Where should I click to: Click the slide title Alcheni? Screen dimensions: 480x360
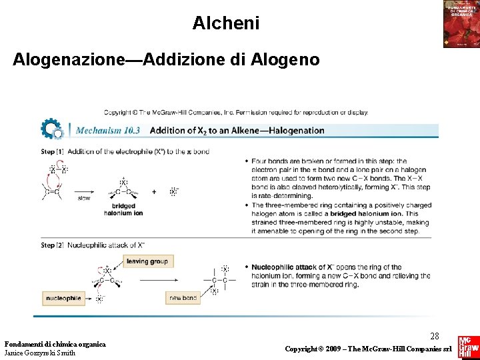(226, 23)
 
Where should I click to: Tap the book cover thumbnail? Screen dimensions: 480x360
(461, 24)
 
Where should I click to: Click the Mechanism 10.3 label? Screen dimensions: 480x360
(108, 131)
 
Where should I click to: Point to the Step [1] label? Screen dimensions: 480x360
(52, 152)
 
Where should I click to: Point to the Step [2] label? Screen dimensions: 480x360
(52, 245)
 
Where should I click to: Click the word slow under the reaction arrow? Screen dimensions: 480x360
(84, 198)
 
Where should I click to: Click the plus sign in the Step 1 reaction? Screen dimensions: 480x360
(154, 192)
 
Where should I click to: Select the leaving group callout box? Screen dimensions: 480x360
(147, 261)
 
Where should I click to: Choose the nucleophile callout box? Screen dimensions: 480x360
(63, 298)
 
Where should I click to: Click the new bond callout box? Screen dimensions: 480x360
(183, 298)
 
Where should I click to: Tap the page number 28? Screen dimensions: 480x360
(435, 336)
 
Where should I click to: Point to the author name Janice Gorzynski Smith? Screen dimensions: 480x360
(40, 353)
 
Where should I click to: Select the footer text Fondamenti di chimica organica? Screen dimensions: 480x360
(55, 344)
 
